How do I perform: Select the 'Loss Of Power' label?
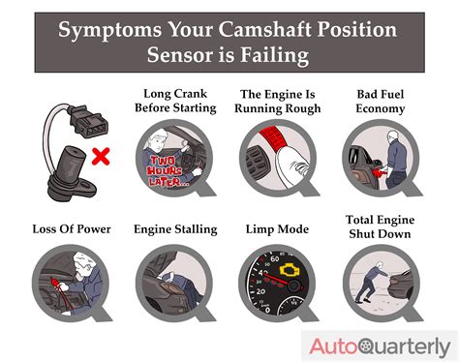[71, 229]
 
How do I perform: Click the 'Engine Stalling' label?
[177, 229]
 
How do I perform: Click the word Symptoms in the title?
[105, 30]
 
